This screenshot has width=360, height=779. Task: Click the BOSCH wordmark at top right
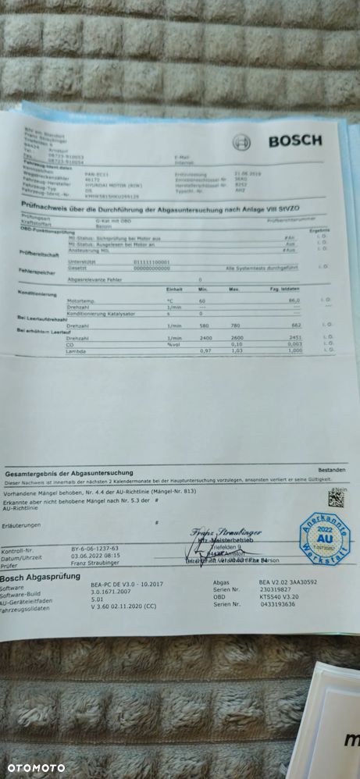(294, 141)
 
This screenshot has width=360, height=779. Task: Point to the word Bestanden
(331, 470)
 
